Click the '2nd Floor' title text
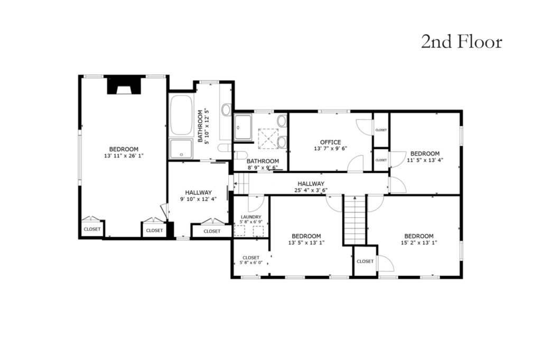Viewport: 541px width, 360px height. pyautogui.click(x=461, y=42)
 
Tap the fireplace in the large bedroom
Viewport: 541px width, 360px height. pyautogui.click(x=124, y=85)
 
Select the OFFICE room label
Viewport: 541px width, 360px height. pyautogui.click(x=330, y=142)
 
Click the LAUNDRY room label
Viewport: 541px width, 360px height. pyautogui.click(x=251, y=217)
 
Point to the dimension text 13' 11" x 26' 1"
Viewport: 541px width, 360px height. pyautogui.click(x=124, y=155)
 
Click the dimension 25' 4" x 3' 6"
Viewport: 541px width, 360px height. pyautogui.click(x=311, y=190)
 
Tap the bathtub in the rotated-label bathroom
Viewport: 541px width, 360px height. pyautogui.click(x=181, y=115)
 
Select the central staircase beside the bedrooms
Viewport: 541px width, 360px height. pyautogui.click(x=355, y=220)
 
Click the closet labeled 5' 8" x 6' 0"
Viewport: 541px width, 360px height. pyautogui.click(x=251, y=260)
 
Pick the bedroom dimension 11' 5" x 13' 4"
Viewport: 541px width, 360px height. pyautogui.click(x=425, y=160)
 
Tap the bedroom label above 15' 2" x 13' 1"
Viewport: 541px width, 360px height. pyautogui.click(x=419, y=236)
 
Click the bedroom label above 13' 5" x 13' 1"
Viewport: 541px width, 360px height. pyautogui.click(x=306, y=236)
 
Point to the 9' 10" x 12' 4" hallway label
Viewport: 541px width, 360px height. pyautogui.click(x=198, y=196)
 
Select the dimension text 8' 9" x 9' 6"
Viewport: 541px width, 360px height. pyautogui.click(x=263, y=168)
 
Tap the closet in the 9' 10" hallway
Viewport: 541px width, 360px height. pyautogui.click(x=212, y=231)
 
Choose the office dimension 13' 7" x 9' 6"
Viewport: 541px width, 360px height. pyautogui.click(x=330, y=149)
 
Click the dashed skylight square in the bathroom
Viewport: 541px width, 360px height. pyautogui.click(x=268, y=139)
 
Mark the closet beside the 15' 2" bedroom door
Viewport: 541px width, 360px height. pyautogui.click(x=365, y=261)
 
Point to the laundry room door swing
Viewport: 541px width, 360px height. pyautogui.click(x=256, y=204)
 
